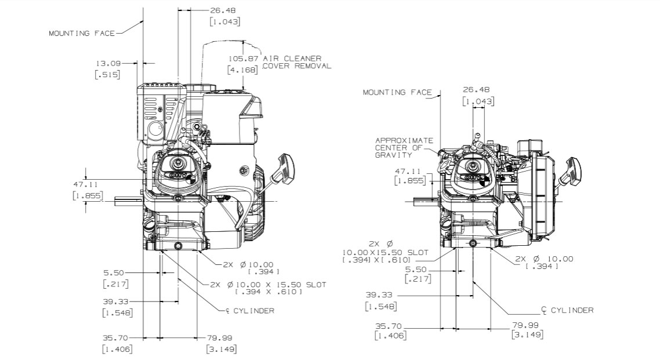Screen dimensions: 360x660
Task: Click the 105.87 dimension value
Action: [x=243, y=59]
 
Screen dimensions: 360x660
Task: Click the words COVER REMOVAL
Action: [x=296, y=66]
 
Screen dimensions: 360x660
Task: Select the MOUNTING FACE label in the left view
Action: [x=81, y=33]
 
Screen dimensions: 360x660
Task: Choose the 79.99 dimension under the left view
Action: [x=221, y=337]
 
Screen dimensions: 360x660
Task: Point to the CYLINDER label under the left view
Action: [x=253, y=311]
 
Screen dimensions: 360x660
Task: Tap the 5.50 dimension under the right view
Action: [x=416, y=270]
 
